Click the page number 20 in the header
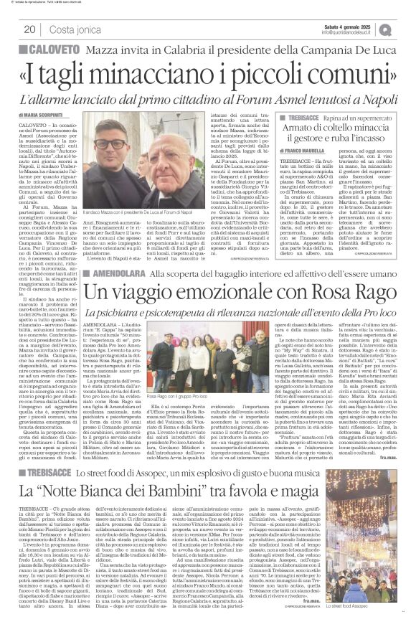pyautogui.click(x=29, y=29)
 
